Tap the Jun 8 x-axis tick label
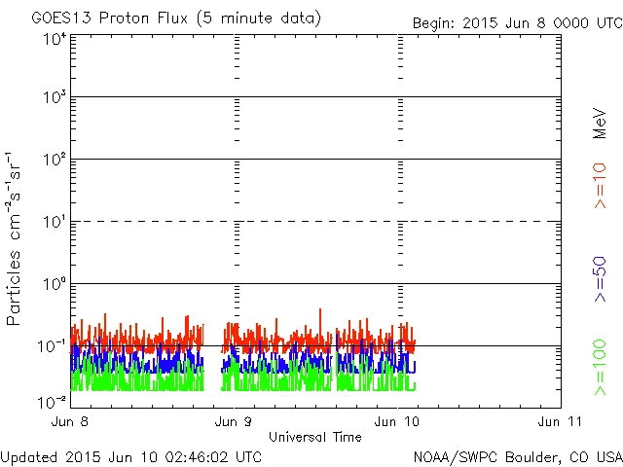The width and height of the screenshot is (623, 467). coord(72,422)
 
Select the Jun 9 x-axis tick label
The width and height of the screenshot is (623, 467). coord(234,422)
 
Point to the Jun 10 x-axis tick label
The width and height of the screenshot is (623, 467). coord(399,422)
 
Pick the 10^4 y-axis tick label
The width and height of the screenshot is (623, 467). coord(55,38)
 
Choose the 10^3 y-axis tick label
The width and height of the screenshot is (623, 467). coord(55,97)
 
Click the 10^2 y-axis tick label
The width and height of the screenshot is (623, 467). coord(55,160)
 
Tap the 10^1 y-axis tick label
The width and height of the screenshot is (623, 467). coord(55,222)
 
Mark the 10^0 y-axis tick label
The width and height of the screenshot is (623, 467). coord(55,284)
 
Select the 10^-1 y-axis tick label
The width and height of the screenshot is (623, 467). coord(53,346)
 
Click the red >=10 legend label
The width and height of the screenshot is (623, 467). coord(600,185)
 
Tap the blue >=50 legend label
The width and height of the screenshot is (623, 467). coord(600,278)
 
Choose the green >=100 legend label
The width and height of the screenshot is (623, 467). coord(600,366)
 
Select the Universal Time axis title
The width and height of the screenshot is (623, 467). coord(314,437)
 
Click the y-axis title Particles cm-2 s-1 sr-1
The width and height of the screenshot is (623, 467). coord(15,237)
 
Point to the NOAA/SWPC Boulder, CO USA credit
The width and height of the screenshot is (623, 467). coord(517,456)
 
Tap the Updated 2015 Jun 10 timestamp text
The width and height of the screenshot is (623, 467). coord(131,456)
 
